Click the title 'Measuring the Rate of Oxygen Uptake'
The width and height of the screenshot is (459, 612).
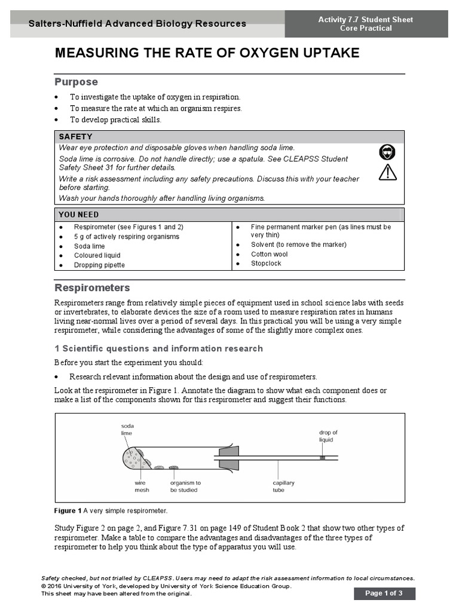click(207, 53)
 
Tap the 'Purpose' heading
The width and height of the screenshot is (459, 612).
click(76, 82)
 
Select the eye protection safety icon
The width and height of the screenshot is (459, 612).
click(387, 152)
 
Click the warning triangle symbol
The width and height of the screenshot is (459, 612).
click(387, 173)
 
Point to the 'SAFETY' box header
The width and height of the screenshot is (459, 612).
click(75, 137)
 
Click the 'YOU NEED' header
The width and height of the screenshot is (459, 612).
click(78, 215)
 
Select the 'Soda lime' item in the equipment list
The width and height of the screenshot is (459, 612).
click(89, 246)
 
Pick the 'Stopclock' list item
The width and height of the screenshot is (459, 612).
click(265, 264)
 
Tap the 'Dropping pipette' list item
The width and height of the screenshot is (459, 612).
click(99, 265)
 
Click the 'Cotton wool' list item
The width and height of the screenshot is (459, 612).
click(269, 254)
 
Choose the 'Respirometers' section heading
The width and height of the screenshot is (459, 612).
click(92, 288)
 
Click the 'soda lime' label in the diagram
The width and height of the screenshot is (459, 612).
click(127, 429)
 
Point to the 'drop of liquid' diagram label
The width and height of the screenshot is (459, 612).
click(328, 436)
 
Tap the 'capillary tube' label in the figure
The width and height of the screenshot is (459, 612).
click(283, 486)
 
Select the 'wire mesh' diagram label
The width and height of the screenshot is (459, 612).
click(141, 486)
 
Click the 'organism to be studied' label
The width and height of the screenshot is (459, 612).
click(185, 486)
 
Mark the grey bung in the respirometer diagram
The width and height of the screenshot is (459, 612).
click(228, 458)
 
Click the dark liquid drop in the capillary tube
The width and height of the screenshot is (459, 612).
click(322, 458)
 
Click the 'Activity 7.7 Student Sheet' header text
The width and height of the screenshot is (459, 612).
click(365, 20)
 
